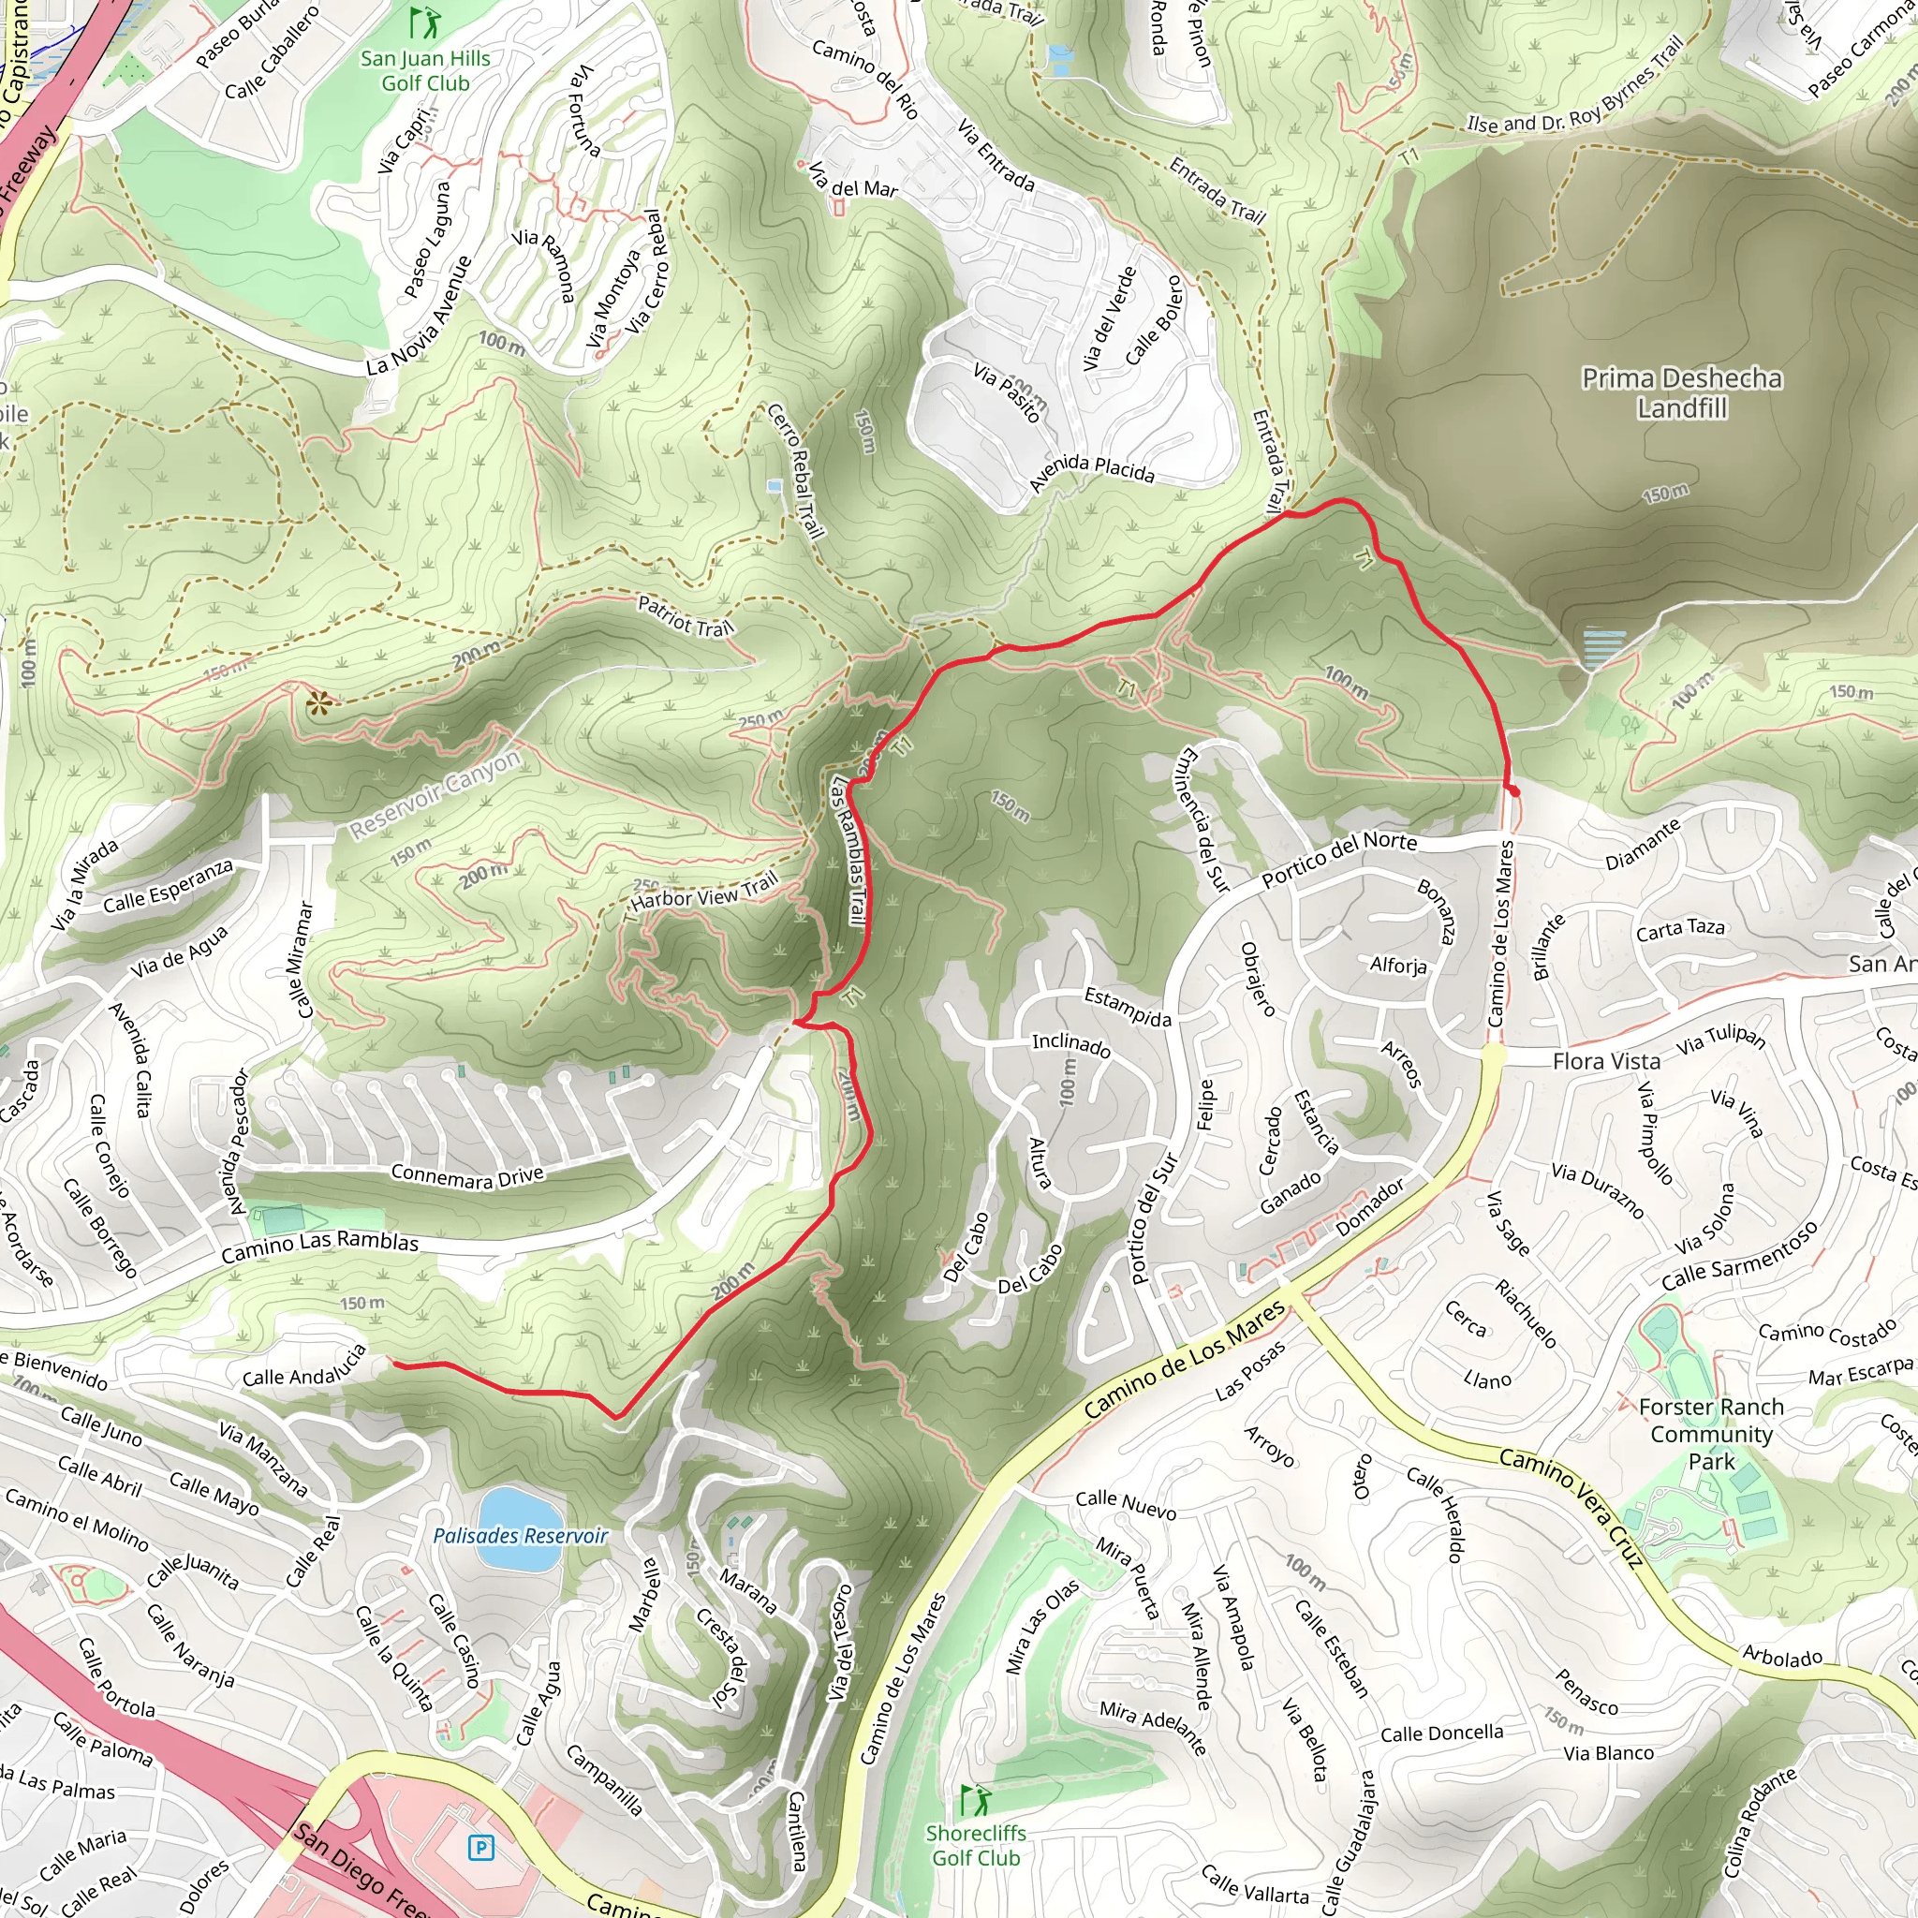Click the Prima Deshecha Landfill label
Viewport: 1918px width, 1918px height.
click(1681, 393)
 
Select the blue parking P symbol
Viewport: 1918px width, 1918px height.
click(480, 1848)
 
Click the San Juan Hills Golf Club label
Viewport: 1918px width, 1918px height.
click(425, 70)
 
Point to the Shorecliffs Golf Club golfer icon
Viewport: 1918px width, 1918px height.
click(975, 1800)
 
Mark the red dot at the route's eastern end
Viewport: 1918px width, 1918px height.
click(1514, 791)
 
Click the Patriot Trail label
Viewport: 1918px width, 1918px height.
click(686, 616)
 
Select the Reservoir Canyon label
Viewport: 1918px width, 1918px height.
click(435, 794)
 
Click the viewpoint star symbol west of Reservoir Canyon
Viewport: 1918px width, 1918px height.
click(318, 704)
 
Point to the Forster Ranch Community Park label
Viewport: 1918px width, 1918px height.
click(1710, 1434)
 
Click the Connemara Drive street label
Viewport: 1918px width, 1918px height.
click(467, 1176)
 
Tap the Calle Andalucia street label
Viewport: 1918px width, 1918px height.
click(304, 1367)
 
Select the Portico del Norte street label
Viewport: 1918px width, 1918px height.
click(1338, 860)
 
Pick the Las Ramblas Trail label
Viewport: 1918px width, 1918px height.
click(849, 849)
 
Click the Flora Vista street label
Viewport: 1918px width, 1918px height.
click(1605, 1061)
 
